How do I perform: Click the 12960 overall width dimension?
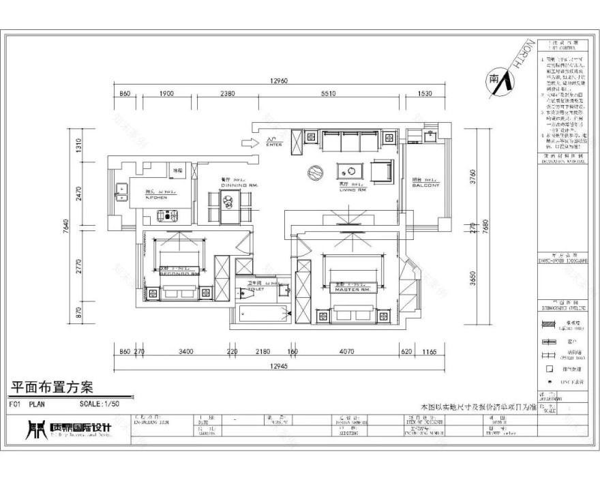click(x=279, y=81)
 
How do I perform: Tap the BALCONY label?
click(x=425, y=185)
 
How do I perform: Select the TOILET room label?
click(x=255, y=289)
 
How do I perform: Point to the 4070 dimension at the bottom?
click(x=346, y=352)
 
